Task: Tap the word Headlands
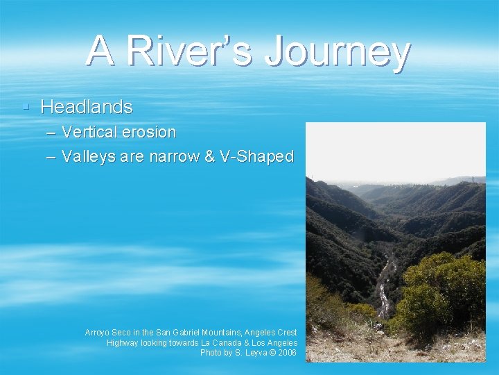coord(87,107)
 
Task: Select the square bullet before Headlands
coord(25,107)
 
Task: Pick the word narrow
coord(174,157)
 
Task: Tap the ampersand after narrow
coord(210,157)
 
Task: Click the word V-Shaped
coord(256,157)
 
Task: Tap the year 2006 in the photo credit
coord(287,353)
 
